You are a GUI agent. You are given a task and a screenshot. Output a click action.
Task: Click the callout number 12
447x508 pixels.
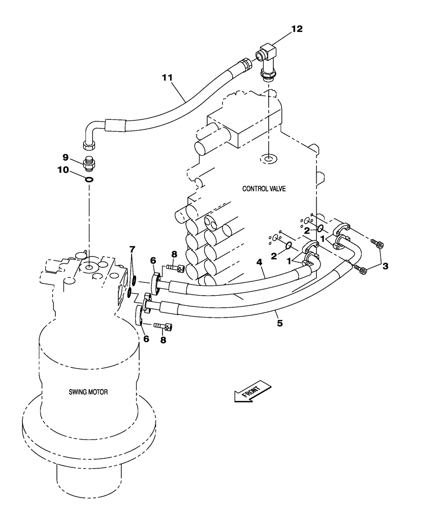point(296,29)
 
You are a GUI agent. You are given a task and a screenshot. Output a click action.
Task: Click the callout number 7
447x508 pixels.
point(132,249)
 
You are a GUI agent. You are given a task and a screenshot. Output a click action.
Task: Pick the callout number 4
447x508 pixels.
point(259,263)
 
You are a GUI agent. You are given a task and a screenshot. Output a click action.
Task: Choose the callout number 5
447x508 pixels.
point(279,322)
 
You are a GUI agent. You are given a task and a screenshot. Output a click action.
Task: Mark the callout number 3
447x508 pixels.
point(386,265)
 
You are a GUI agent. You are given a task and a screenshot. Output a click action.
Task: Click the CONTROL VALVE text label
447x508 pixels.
point(264,188)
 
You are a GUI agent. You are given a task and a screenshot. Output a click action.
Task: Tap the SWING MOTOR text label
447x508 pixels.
point(88,392)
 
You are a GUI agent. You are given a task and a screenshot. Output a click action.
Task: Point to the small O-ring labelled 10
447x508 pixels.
point(89,179)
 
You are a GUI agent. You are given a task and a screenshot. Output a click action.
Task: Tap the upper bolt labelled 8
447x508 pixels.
point(174,268)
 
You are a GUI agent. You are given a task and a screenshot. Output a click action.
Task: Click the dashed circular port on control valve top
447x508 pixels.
point(267,160)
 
